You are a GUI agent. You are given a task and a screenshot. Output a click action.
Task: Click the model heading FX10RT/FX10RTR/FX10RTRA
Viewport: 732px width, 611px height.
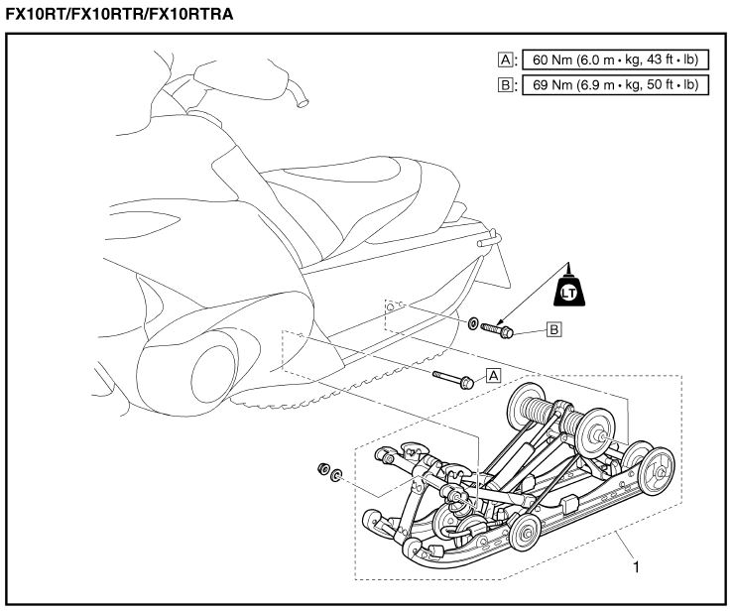[x=121, y=14]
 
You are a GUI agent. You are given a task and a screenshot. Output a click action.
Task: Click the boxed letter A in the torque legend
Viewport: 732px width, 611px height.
[x=505, y=60]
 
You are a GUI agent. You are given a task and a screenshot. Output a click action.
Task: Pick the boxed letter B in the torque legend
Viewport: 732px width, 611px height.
[x=505, y=85]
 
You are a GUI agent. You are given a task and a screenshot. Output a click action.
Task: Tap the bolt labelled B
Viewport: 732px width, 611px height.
[x=496, y=328]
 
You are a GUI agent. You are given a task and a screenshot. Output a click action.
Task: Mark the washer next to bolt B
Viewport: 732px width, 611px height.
[x=473, y=323]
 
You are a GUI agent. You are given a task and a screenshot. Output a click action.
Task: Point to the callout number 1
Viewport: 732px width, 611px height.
[x=635, y=567]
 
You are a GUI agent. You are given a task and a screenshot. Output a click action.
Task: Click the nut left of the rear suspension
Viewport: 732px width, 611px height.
[x=322, y=469]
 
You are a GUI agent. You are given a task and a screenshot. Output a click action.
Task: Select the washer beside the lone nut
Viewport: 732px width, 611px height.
[x=337, y=475]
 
